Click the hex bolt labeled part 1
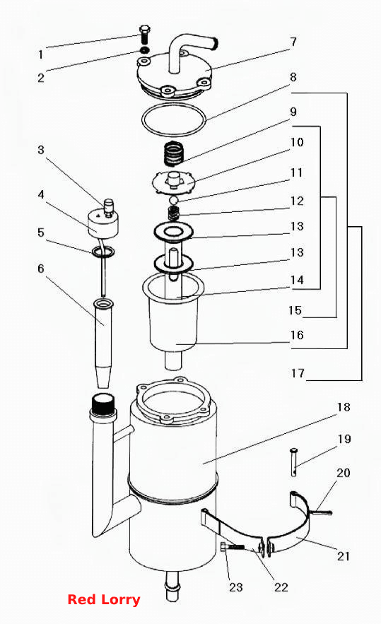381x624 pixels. (x=144, y=35)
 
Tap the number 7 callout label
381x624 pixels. (x=293, y=42)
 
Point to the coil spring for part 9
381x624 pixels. (x=174, y=153)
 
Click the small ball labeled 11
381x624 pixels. (x=173, y=199)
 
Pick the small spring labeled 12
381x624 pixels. (x=173, y=213)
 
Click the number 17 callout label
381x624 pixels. (x=298, y=373)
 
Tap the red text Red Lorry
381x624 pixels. (x=103, y=599)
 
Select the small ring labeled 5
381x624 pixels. (x=103, y=252)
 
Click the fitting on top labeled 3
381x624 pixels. (x=108, y=208)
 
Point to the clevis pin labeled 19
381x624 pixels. (x=294, y=461)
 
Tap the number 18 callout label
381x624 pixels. (x=344, y=407)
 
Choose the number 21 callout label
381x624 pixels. (x=343, y=555)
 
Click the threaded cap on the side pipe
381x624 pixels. (x=103, y=404)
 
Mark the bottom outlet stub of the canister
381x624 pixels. (x=173, y=587)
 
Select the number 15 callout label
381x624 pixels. (x=295, y=310)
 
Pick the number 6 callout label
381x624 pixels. (x=40, y=269)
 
